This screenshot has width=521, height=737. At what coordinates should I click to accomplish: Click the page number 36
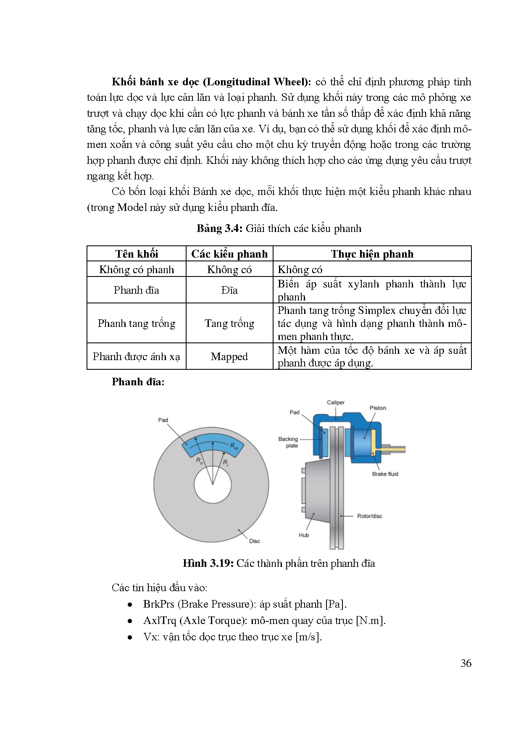466,663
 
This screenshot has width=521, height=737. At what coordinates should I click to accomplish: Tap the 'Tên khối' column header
137,254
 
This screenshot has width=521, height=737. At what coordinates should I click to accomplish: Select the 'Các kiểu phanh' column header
229,254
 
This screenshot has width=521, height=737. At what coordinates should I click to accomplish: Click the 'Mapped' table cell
229,356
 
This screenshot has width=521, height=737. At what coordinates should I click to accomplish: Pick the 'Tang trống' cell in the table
229,323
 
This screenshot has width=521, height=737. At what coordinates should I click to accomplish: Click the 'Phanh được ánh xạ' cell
137,356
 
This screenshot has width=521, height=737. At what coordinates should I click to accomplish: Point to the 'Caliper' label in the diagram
336,403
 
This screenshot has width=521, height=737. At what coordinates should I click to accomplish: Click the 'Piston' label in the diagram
378,408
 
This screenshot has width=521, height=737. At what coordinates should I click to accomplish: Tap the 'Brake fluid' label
385,474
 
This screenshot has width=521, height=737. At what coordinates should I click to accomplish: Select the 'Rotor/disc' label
369,516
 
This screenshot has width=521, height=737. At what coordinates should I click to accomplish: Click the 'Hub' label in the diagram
304,535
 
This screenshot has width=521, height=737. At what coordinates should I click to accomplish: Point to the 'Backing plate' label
288,442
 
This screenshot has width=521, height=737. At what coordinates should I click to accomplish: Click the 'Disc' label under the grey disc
255,541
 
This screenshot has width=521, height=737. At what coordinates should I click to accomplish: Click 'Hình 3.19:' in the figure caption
208,563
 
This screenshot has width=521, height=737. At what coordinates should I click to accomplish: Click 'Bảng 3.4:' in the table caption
219,229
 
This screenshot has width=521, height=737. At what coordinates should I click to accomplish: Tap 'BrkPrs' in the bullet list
158,604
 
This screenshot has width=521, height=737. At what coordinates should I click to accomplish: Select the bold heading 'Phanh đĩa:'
138,382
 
